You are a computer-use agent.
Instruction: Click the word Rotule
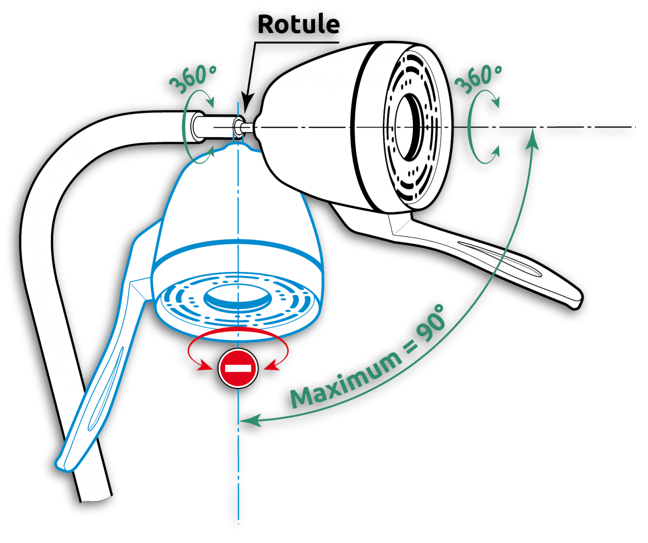tap(299, 24)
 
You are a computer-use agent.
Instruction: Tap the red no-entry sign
tap(238, 368)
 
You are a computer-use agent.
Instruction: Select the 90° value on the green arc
tap(431, 324)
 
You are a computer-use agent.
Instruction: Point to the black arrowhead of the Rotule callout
tap(247, 101)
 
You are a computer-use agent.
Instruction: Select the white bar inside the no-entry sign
tap(238, 368)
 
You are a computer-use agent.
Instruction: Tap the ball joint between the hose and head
tap(239, 126)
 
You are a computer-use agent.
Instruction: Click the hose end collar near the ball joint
tap(196, 126)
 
